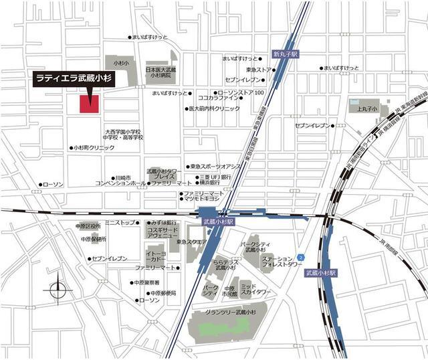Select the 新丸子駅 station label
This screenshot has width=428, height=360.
coord(284,53)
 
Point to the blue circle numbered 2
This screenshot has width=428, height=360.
coord(301,257)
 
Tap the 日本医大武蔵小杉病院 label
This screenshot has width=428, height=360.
coord(160,73)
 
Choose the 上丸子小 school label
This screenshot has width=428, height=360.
coord(367,108)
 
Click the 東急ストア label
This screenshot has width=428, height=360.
coord(259,70)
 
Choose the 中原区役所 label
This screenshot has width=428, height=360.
coord(88,226)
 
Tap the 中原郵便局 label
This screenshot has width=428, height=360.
coord(163,292)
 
